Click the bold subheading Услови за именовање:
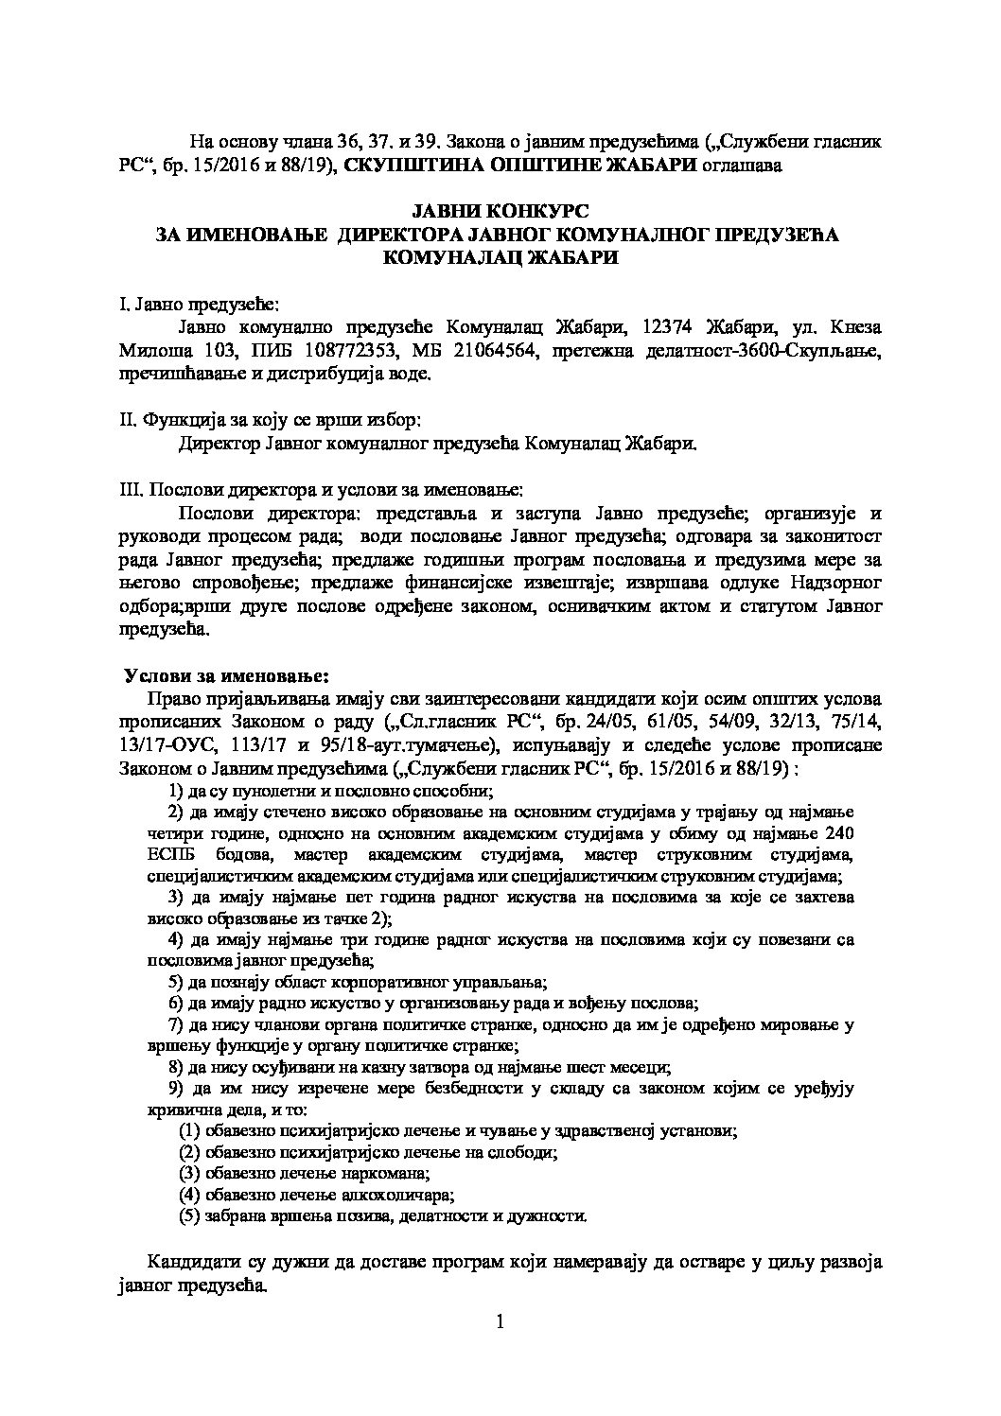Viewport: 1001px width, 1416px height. [227, 677]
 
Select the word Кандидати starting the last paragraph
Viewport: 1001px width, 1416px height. [189, 1264]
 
